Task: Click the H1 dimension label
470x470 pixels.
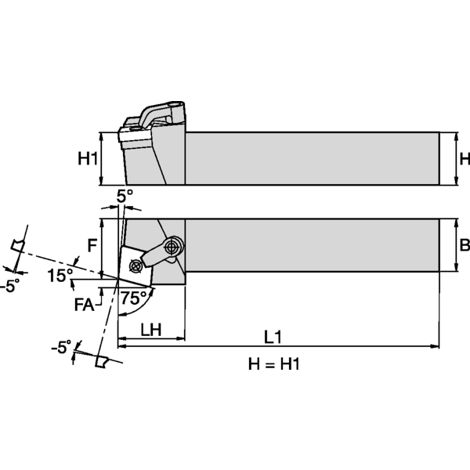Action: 87,159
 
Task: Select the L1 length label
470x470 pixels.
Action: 273,337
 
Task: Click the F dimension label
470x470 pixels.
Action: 91,245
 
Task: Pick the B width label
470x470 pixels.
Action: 463,245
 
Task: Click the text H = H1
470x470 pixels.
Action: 274,364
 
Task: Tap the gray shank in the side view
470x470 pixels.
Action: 309,159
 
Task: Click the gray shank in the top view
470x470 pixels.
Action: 309,245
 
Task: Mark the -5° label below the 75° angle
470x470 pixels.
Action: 60,345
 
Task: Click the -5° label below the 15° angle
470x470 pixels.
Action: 8,287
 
